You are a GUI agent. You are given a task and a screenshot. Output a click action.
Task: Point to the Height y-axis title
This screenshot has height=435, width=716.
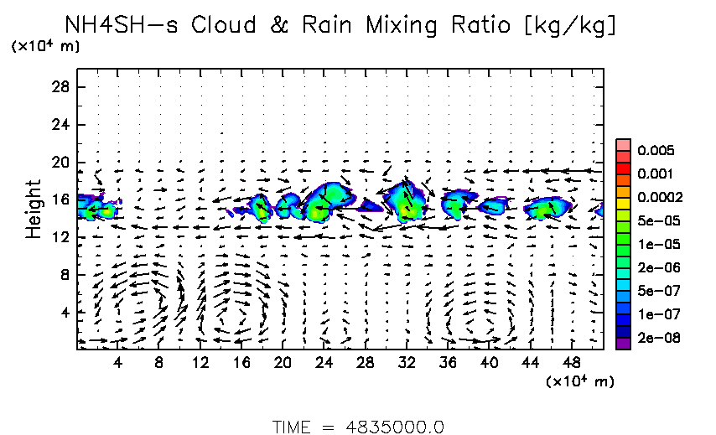pyautogui.click(x=34, y=209)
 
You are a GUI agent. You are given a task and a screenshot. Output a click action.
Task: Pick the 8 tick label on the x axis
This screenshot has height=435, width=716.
pyautogui.click(x=158, y=363)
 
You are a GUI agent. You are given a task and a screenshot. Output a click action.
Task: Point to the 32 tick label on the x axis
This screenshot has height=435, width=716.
pyautogui.click(x=406, y=363)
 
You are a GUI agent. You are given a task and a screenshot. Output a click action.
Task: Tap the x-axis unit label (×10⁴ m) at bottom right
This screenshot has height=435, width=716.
pyautogui.click(x=579, y=382)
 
